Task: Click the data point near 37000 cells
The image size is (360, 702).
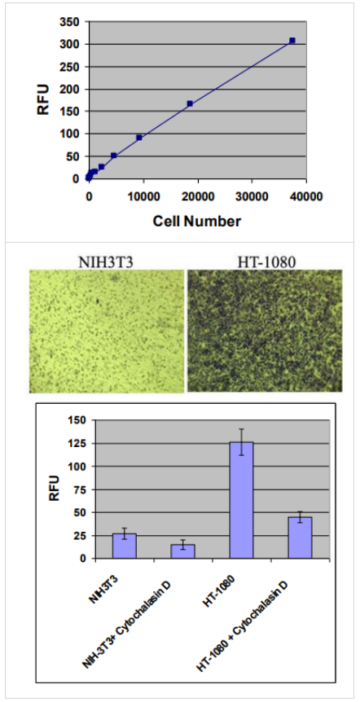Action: pyautogui.click(x=292, y=40)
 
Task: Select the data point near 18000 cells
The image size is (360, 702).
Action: pyautogui.click(x=190, y=103)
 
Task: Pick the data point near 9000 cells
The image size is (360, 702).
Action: pyautogui.click(x=139, y=138)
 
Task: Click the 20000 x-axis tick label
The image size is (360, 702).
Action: pyautogui.click(x=197, y=195)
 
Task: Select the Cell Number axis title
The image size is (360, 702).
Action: pyautogui.click(x=197, y=220)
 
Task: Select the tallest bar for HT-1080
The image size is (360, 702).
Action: pyautogui.click(x=241, y=500)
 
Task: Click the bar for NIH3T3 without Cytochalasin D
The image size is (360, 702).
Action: pyautogui.click(x=124, y=546)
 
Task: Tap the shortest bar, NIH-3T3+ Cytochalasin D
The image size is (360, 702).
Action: pyautogui.click(x=182, y=551)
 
